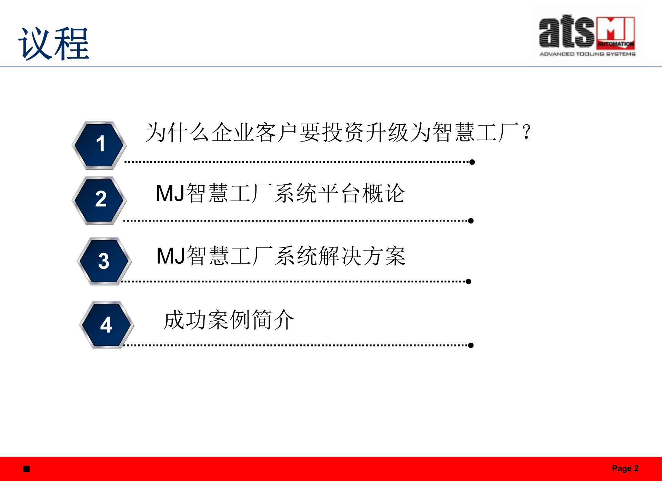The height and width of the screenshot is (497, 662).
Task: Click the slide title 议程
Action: (54, 44)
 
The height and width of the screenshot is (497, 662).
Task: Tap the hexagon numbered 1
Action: (99, 145)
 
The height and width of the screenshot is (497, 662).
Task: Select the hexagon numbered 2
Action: (99, 200)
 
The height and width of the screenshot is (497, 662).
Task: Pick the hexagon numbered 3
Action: (104, 261)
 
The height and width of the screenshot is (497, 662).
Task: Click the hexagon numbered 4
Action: (107, 325)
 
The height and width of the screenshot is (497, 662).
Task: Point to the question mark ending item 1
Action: (526, 132)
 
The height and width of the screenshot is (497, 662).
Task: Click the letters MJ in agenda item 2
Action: (170, 193)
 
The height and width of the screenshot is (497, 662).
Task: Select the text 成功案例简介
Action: (229, 320)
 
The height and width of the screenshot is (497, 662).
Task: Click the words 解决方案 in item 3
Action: (362, 256)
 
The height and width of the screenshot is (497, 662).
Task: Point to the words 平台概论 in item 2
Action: (361, 193)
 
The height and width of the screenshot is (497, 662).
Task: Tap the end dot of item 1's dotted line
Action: (472, 162)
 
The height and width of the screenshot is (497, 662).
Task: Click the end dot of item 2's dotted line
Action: (471, 221)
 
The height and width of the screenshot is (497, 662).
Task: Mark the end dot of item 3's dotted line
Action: (468, 281)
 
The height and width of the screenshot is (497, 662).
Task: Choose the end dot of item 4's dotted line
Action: (471, 345)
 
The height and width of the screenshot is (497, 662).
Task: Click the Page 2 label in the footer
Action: (625, 468)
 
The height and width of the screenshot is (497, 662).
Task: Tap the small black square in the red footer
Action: (27, 469)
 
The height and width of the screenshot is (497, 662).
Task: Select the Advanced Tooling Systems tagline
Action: (587, 54)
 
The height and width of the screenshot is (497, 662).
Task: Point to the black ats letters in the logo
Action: (566, 32)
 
